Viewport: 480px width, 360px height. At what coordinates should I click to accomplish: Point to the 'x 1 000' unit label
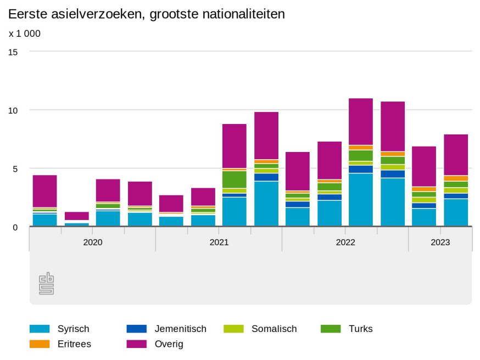coord(25,33)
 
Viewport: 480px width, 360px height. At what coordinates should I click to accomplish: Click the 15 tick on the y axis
coord(13,52)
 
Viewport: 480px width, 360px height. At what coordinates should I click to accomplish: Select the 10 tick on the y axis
coord(13,110)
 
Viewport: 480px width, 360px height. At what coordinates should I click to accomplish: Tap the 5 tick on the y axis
coord(15,168)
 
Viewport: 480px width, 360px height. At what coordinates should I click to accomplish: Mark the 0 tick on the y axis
coord(15,227)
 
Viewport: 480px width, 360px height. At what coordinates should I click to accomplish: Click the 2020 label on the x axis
coord(93,242)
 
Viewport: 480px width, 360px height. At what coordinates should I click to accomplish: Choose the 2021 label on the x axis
coord(219,242)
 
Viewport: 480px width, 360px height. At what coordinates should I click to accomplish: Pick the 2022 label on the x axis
coord(345,242)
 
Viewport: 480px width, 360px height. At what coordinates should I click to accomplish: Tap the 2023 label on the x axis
coord(440,242)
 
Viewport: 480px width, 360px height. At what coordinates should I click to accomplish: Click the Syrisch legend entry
coord(73,329)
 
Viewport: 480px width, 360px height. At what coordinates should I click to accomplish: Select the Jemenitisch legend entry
coord(180,329)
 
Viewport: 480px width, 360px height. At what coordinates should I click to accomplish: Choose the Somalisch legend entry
coord(274,329)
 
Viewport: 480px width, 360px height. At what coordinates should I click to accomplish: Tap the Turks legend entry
coord(360,329)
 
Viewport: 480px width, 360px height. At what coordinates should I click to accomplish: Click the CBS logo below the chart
coord(47,283)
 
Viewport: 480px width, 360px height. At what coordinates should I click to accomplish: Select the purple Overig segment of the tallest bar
coord(361,121)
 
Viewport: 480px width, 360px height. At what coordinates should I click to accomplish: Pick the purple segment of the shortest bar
coord(77,216)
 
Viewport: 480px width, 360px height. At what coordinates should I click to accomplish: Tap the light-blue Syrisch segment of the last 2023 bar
coord(456,212)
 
